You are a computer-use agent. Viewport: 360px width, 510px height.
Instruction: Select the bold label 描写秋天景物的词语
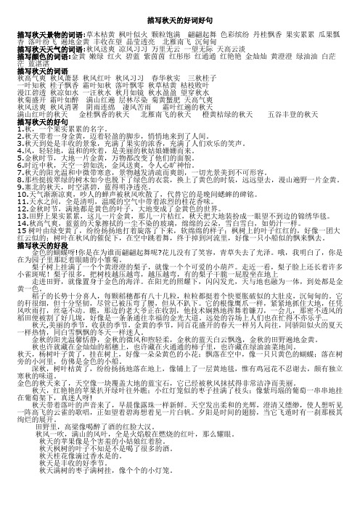pyautogui.click(x=44, y=33)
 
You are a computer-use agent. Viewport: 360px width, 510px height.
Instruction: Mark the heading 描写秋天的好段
pyautogui.click(x=34, y=246)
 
